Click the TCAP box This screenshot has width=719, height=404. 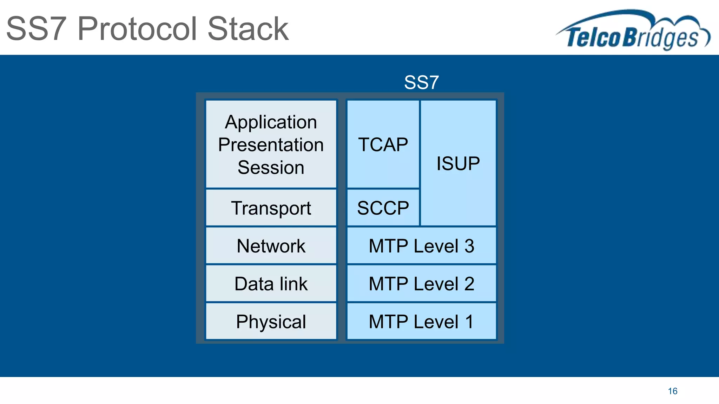pyautogui.click(x=383, y=144)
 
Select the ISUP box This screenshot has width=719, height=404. pyautogui.click(x=458, y=163)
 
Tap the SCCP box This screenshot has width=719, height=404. pyautogui.click(x=383, y=208)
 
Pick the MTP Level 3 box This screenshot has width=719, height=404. pyautogui.click(x=421, y=246)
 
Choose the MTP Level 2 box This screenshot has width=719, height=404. pyautogui.click(x=421, y=284)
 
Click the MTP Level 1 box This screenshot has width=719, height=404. pyautogui.click(x=421, y=322)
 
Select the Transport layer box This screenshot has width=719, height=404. pyautogui.click(x=271, y=208)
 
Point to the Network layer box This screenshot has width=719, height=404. pyautogui.click(x=271, y=246)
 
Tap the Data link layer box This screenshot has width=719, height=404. pyautogui.click(x=271, y=284)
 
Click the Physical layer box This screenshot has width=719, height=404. pyautogui.click(x=271, y=322)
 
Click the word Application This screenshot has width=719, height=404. pyautogui.click(x=271, y=122)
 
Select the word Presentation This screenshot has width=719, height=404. pyautogui.click(x=271, y=145)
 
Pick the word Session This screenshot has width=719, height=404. pyautogui.click(x=271, y=167)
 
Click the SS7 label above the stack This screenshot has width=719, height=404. pyautogui.click(x=421, y=82)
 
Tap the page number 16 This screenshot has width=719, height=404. pyautogui.click(x=672, y=391)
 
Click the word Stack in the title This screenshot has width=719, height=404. pyautogui.click(x=248, y=29)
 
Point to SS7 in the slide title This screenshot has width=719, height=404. pyautogui.click(x=36, y=29)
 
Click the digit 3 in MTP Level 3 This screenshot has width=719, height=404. pyautogui.click(x=469, y=246)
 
